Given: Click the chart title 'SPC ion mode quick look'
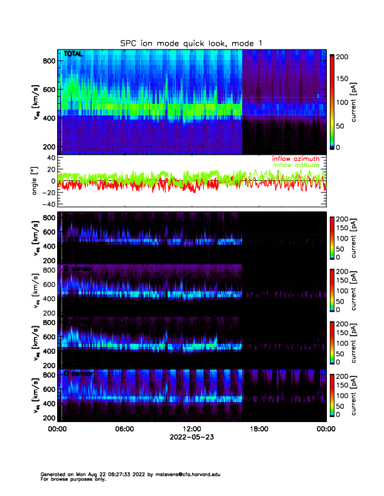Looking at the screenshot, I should coord(191,43).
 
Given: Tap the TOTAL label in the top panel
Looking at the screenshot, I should coord(73,54).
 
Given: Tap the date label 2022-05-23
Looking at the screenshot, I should coord(191,437).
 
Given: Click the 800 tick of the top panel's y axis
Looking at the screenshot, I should coord(47,61).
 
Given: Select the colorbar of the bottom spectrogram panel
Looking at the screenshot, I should coord(333,395).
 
